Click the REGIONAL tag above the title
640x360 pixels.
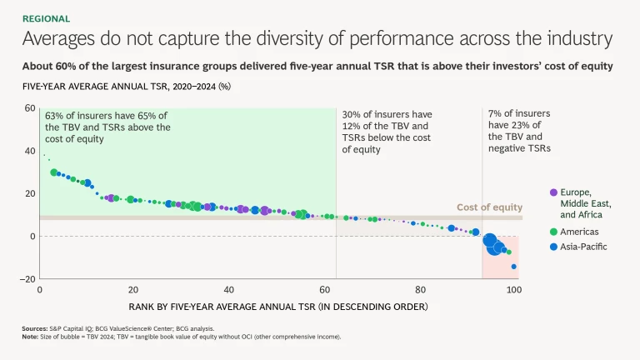coord(46,18)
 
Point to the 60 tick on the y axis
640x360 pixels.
coord(28,108)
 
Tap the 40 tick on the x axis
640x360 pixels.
coord(229,290)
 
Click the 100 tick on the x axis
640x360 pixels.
coord(513,290)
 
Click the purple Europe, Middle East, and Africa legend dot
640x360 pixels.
coord(553,192)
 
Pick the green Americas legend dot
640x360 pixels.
coord(553,231)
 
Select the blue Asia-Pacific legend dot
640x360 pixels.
coord(553,247)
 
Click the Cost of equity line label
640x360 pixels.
coord(489,207)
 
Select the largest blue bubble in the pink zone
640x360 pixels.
coord(490,241)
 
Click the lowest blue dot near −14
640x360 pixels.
coord(514,267)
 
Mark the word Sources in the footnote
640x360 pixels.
coord(34,329)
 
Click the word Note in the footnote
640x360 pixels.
coord(30,337)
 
